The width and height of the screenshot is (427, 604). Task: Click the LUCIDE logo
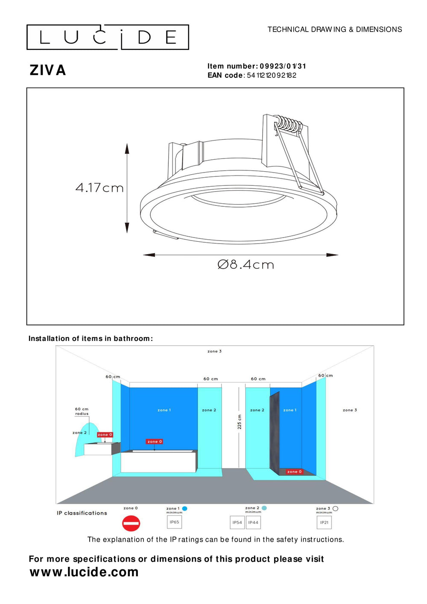click(108, 37)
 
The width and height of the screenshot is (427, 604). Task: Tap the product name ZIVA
click(47, 70)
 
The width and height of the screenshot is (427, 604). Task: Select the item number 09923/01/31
click(283, 66)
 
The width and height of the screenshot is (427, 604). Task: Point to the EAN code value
click(272, 76)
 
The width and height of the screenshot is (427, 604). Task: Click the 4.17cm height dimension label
click(99, 188)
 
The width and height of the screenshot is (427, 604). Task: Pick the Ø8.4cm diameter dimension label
click(246, 265)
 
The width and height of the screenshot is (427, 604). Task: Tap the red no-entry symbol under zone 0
click(131, 523)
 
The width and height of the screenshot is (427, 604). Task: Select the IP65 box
click(174, 522)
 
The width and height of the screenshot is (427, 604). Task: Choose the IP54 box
click(237, 522)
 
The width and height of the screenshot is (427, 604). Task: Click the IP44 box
click(253, 522)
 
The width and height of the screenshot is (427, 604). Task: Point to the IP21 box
click(324, 522)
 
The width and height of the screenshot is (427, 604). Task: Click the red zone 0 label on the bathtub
click(155, 442)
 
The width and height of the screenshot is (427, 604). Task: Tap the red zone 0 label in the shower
click(294, 472)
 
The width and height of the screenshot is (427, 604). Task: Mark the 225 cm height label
click(240, 422)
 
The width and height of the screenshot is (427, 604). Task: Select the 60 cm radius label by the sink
click(82, 411)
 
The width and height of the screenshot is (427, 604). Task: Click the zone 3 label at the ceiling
click(214, 352)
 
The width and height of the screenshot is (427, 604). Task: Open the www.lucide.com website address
click(84, 572)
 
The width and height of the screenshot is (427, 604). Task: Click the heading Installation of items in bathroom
click(91, 339)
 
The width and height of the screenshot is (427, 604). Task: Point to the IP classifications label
click(82, 513)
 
